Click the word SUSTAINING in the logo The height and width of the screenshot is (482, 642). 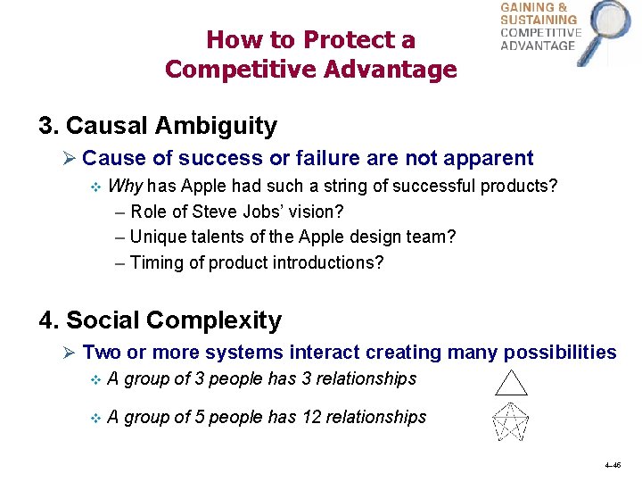point(539,20)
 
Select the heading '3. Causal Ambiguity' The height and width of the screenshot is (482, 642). point(158,126)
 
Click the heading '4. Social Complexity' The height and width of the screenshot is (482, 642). point(160,320)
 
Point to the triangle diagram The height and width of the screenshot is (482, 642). point(512,382)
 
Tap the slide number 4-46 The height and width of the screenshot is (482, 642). point(612,466)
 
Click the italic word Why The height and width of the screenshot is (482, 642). point(126,187)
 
